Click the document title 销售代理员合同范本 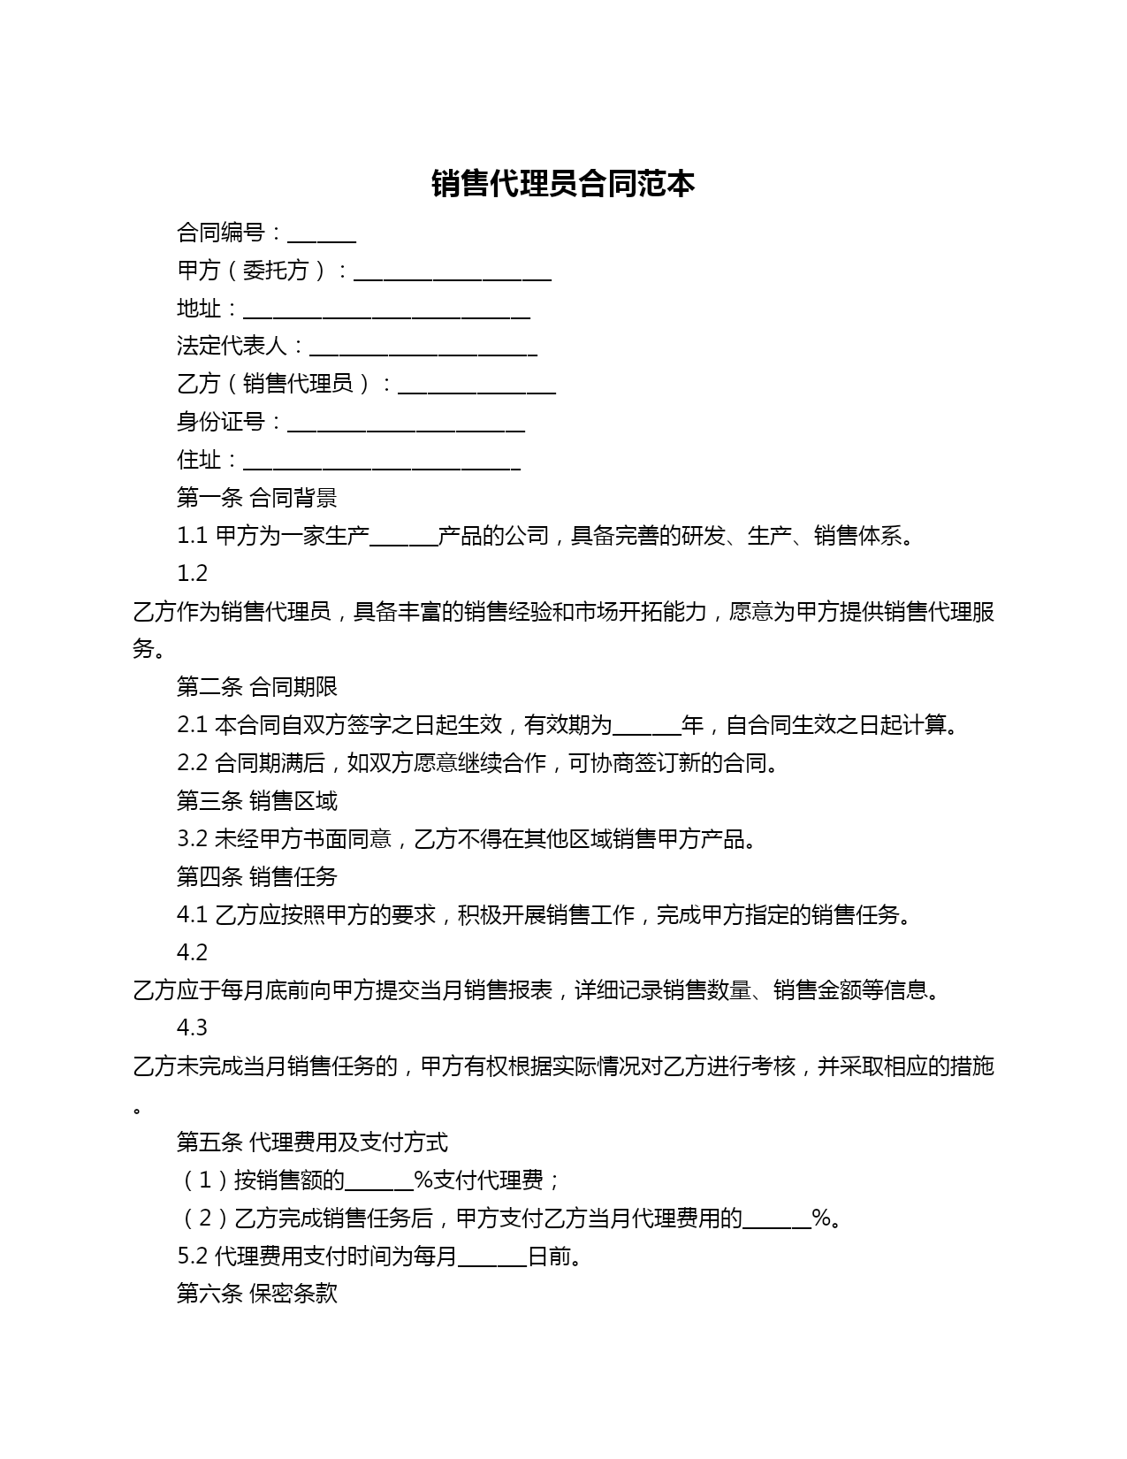tap(563, 184)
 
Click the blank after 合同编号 tap(322, 235)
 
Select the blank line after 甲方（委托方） tap(453, 273)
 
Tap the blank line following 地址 tap(386, 311)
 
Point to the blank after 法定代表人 tap(423, 349)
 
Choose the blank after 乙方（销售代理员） tap(477, 387)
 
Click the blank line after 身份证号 tap(407, 425)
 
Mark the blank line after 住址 tap(382, 463)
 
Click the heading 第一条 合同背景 tap(256, 498)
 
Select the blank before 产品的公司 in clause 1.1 tap(404, 539)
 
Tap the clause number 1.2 tap(192, 574)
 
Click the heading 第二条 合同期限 tap(256, 687)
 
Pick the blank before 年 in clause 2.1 tap(647, 729)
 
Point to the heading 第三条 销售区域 tap(256, 801)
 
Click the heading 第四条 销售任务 tap(256, 877)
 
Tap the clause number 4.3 tap(192, 1027)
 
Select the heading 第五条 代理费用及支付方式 tap(312, 1142)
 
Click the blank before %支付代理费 tap(379, 1184)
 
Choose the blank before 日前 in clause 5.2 tap(492, 1260)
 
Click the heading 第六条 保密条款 tap(256, 1295)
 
